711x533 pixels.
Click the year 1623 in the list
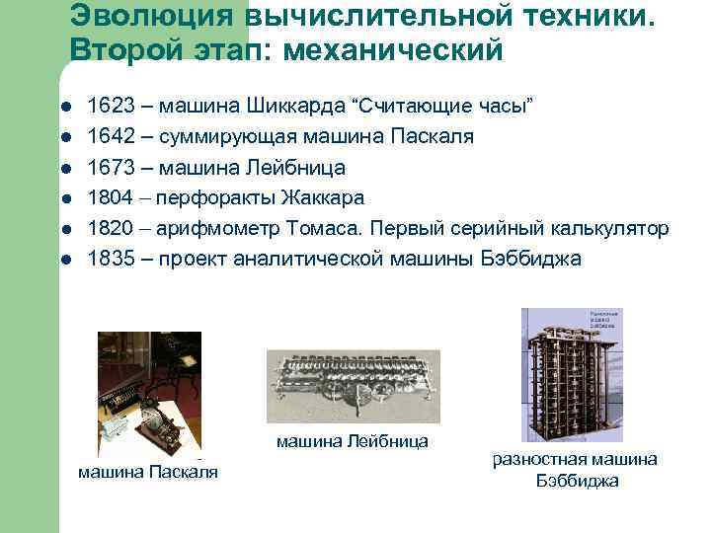coord(108,106)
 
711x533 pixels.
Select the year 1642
coord(108,136)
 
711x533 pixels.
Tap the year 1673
coord(108,167)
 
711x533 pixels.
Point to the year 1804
coord(108,197)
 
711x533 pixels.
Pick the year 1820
coord(108,228)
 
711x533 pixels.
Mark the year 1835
coord(108,259)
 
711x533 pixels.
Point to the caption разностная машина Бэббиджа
coord(575,470)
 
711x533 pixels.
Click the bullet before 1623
coord(64,107)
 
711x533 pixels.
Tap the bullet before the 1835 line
coord(64,260)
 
